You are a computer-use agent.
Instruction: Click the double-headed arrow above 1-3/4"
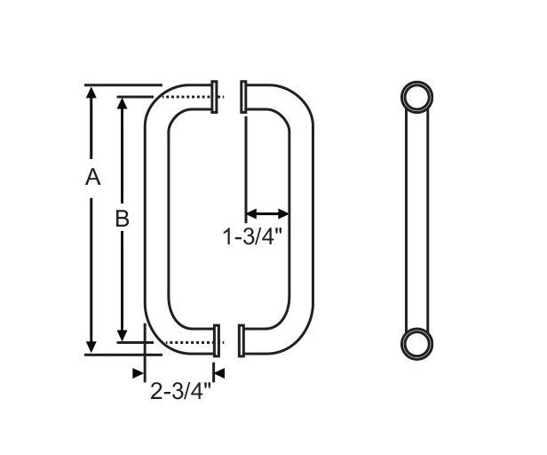[267, 213]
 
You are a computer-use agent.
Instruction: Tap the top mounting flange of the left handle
[215, 97]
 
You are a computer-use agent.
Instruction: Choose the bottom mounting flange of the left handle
[215, 341]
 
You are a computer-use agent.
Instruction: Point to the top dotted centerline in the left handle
[191, 97]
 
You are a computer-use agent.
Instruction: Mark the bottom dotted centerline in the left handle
[191, 342]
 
